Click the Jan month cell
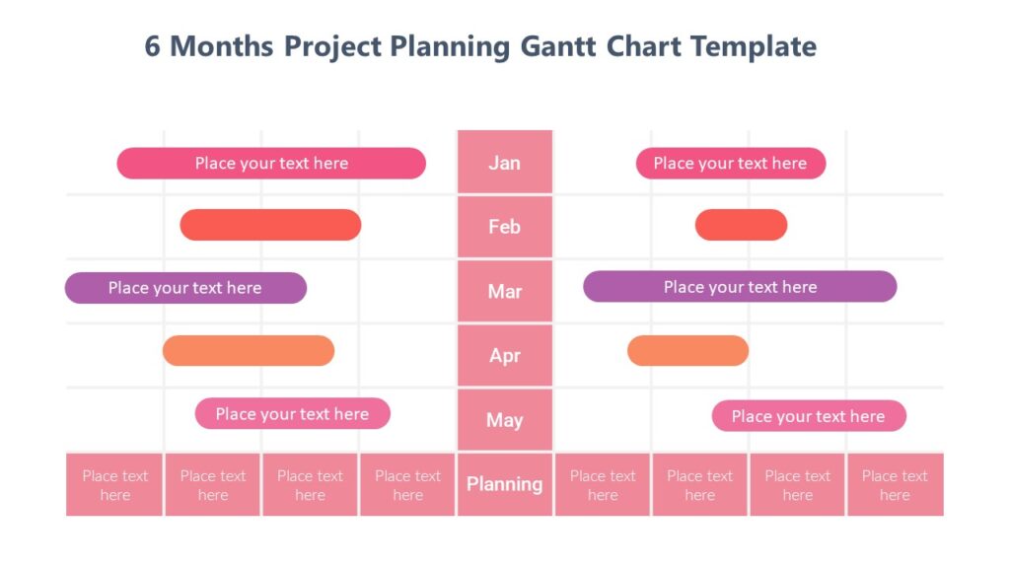(504, 163)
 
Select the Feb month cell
(504, 227)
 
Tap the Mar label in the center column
(504, 292)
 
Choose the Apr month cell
(504, 356)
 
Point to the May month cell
(504, 420)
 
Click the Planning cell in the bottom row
(504, 484)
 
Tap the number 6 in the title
(153, 46)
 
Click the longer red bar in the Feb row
(270, 225)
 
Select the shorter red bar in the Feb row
(741, 225)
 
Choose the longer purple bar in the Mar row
(740, 287)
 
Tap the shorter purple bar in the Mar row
(185, 288)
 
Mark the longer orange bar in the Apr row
(249, 351)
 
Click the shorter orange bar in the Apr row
(687, 351)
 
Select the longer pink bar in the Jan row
(271, 164)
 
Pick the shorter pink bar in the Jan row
(730, 164)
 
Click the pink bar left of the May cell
(292, 414)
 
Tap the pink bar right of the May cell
(808, 416)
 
